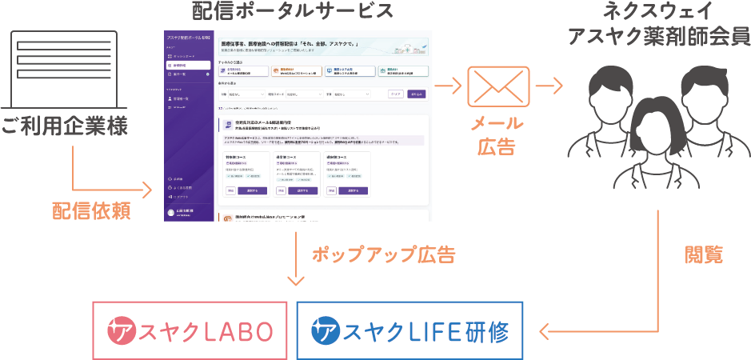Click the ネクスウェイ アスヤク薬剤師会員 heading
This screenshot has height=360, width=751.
point(657,24)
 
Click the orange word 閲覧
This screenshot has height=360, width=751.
point(704,255)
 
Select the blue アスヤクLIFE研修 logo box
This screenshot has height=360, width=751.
point(409,330)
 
